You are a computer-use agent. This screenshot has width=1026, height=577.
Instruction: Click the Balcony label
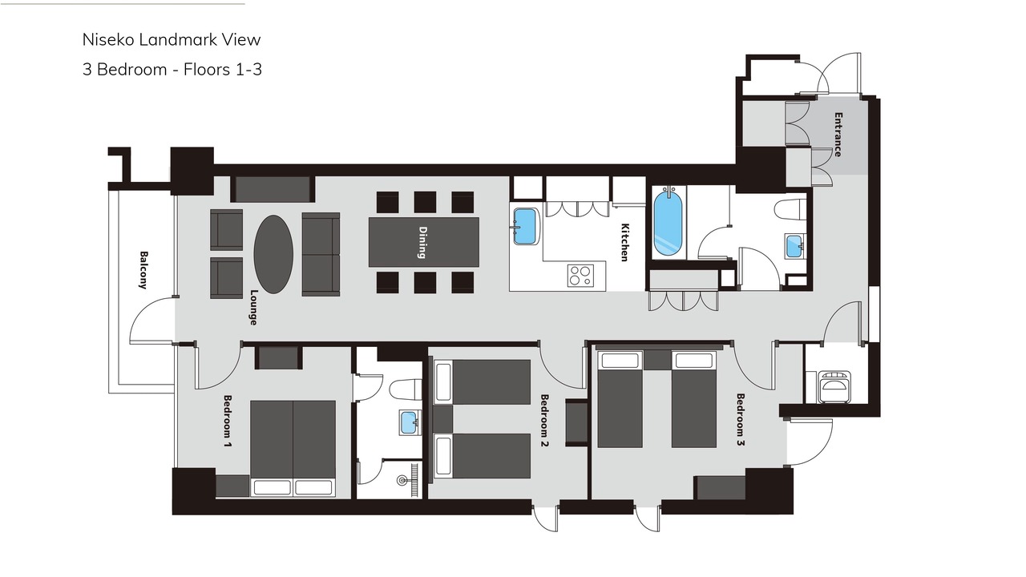click(x=143, y=270)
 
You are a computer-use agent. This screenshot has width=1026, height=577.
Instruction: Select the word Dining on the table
click(x=422, y=242)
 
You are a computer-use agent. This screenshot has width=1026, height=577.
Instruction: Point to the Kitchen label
click(x=624, y=242)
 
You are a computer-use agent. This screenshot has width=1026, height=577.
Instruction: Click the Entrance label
click(x=838, y=135)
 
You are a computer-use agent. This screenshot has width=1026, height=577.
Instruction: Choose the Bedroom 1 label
click(x=228, y=422)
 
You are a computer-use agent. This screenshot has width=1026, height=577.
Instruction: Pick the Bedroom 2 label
click(x=544, y=421)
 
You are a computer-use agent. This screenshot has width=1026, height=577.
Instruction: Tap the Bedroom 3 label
click(x=741, y=419)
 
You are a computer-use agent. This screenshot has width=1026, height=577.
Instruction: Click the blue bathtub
click(x=668, y=223)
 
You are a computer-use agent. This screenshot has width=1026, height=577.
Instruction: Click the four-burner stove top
click(x=580, y=275)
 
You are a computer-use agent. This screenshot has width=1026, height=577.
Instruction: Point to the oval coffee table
click(x=273, y=254)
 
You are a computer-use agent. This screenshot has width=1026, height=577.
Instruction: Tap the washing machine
click(x=835, y=387)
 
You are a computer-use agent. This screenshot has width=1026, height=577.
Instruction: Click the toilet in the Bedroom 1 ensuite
click(x=406, y=389)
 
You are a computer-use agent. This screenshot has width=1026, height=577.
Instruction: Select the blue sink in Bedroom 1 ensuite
click(x=408, y=422)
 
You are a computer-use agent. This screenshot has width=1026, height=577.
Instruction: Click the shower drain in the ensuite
click(x=402, y=480)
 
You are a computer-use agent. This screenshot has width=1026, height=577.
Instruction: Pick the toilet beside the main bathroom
click(x=790, y=210)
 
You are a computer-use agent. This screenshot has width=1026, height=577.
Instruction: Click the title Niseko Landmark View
click(x=172, y=40)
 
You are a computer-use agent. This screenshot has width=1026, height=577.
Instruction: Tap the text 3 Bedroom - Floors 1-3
click(x=172, y=70)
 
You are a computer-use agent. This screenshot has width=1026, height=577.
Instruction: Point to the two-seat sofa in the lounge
click(x=321, y=254)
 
